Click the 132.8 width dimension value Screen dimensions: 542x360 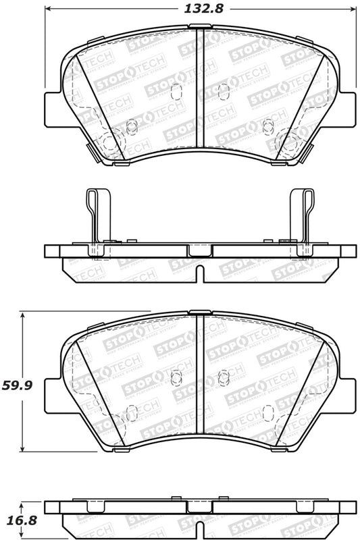(x=201, y=9)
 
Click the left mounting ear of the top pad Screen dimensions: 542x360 (x=54, y=107)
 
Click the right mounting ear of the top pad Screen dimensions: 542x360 (x=346, y=107)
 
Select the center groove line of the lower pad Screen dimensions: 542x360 (x=199, y=378)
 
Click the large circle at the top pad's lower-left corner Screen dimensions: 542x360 (x=108, y=142)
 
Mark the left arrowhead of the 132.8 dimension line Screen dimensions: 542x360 (x=49, y=9)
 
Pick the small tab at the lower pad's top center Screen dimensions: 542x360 (x=197, y=312)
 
